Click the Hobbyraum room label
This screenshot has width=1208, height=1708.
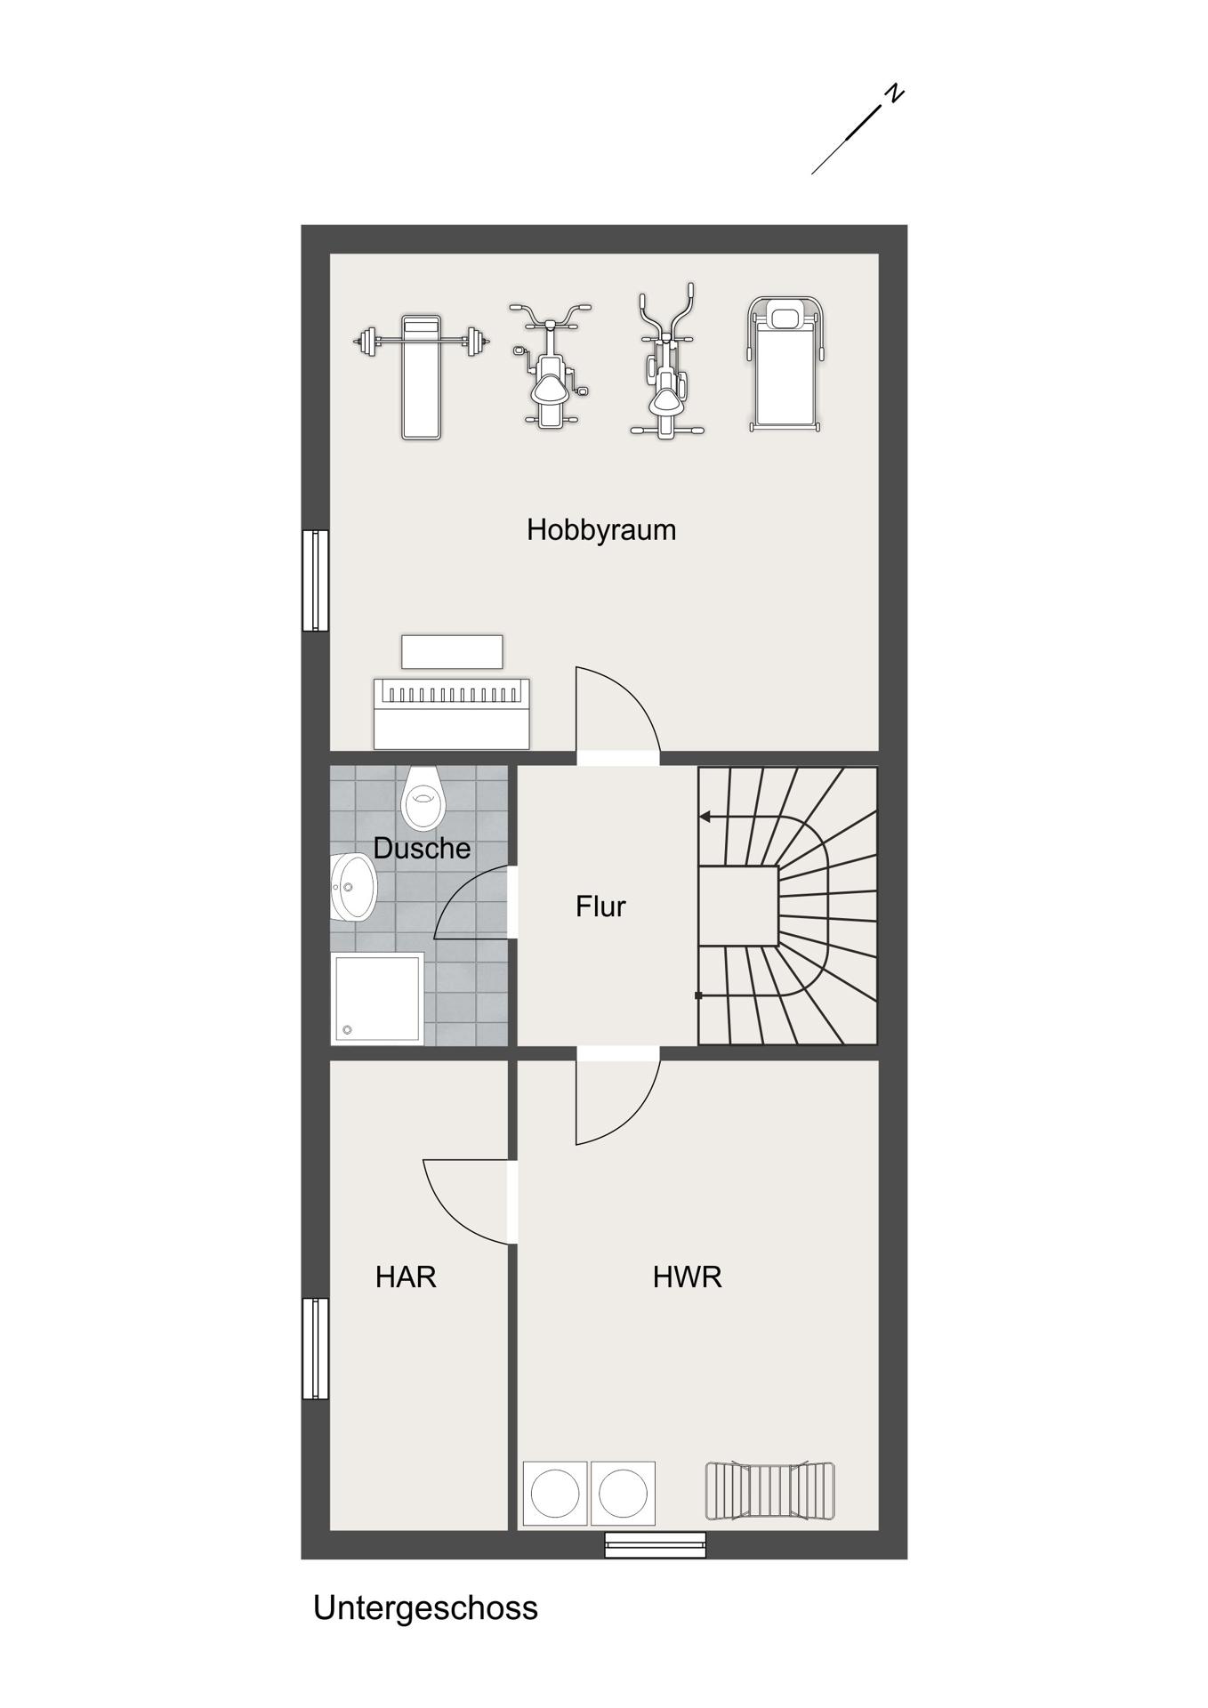point(601,530)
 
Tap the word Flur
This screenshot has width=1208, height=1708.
point(601,906)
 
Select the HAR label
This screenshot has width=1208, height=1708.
point(406,1277)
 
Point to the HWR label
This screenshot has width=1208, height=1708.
point(687,1277)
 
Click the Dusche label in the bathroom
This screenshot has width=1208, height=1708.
point(422,848)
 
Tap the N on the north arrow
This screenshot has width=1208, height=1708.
point(894,93)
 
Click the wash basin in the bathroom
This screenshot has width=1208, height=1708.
point(354,888)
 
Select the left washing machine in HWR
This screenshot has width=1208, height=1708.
point(555,1494)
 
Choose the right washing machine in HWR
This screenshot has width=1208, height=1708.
point(623,1494)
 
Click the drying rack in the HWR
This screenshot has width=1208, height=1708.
point(770,1491)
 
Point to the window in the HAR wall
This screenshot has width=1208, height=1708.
point(315,1349)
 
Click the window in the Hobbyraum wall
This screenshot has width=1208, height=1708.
point(315,581)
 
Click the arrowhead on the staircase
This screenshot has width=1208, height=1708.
point(705,817)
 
